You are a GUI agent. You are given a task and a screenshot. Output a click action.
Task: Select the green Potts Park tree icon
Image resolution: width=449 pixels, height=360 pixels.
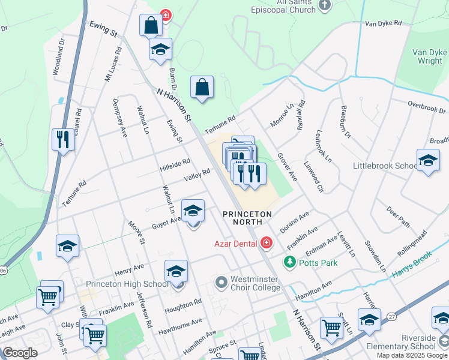(x=290, y=262)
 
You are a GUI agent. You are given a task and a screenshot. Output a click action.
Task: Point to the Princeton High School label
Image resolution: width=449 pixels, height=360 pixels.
(x=127, y=284)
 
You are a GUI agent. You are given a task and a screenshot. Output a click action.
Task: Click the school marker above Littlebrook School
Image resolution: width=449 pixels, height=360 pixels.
(x=428, y=161)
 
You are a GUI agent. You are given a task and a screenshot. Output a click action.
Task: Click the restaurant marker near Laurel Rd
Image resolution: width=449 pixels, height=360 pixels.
(x=62, y=140)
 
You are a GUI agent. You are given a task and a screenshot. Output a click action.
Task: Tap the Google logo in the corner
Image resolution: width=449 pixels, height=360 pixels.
(x=20, y=353)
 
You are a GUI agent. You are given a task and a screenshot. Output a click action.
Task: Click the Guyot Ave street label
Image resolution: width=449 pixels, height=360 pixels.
(x=166, y=220)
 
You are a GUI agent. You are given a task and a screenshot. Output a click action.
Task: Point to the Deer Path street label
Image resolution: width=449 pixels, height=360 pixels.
(x=398, y=217)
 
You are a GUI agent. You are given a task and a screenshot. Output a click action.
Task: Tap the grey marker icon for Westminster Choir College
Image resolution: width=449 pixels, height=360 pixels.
(x=221, y=281)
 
